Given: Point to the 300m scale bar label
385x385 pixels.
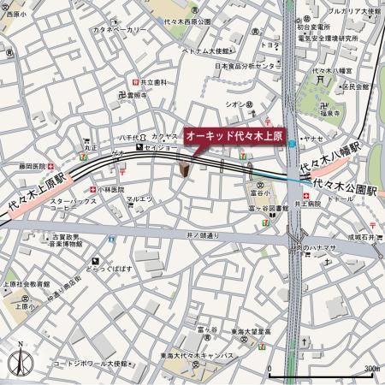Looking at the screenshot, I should point(369,369).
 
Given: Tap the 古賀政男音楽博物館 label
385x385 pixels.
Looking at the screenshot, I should point(65,240).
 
